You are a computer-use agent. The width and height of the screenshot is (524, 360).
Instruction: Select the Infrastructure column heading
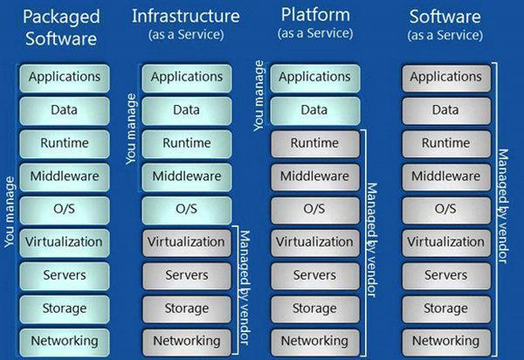coord(187,15)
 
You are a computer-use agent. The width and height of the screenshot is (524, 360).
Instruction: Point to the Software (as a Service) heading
coord(445,15)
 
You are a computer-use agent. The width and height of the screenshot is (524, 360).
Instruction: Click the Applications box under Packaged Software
coord(65,77)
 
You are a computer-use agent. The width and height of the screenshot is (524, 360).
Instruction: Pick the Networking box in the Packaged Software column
coord(65,340)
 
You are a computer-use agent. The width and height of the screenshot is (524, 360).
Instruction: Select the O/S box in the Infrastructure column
coord(187,209)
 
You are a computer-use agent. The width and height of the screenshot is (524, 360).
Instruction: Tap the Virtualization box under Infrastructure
coord(187,242)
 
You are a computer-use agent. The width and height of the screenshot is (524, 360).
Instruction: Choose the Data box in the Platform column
coord(314,110)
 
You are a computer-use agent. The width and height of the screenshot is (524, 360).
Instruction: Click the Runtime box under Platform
coord(314,143)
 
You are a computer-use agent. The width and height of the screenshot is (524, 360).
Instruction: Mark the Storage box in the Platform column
coord(314,308)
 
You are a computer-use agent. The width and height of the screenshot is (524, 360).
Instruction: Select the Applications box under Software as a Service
coord(445,77)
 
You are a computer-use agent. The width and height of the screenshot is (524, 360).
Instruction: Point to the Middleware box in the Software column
coord(445,176)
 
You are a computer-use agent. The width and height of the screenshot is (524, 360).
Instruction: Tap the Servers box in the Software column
coord(445,274)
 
